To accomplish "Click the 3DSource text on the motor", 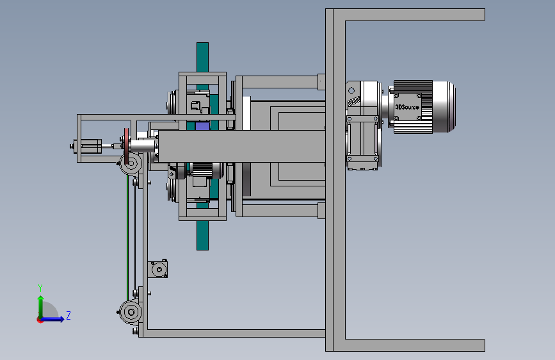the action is pyautogui.click(x=407, y=107).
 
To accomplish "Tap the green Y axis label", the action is pyautogui.click(x=40, y=288).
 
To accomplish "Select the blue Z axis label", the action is pyautogui.click(x=68, y=315).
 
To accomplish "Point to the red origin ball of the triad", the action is pyautogui.click(x=40, y=320).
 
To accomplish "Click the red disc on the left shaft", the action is pyautogui.click(x=126, y=146).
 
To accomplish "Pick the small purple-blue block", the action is pyautogui.click(x=202, y=126).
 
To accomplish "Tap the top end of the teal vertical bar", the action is pyautogui.click(x=202, y=44).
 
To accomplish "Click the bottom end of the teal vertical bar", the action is pyautogui.click(x=202, y=249).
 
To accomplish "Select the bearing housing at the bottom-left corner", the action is pyautogui.click(x=131, y=312).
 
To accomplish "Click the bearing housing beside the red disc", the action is pyautogui.click(x=131, y=164).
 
